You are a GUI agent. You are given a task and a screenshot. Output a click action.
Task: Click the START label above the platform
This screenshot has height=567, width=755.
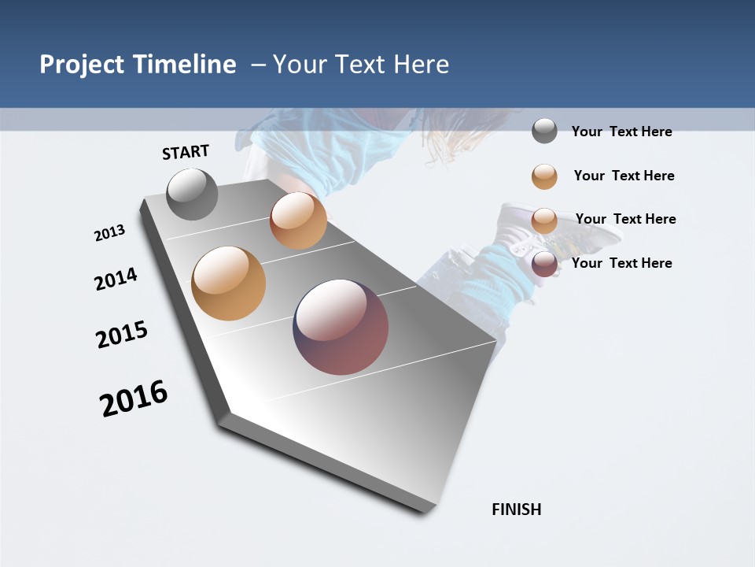click(x=186, y=152)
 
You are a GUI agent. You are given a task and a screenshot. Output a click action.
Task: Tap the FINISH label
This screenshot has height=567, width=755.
click(x=516, y=510)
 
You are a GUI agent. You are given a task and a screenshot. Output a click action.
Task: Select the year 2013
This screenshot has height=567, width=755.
click(x=109, y=233)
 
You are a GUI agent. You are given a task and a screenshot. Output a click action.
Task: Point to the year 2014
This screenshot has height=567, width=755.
click(x=116, y=279)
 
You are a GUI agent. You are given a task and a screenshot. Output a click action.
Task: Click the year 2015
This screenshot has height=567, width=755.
click(x=122, y=335)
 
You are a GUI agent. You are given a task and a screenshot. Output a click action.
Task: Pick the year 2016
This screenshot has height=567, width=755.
click(x=134, y=398)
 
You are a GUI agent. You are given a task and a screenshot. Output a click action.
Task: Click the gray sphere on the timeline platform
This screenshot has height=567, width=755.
click(x=192, y=195)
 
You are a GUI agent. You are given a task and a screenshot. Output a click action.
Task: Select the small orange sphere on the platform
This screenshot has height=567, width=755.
click(x=298, y=220)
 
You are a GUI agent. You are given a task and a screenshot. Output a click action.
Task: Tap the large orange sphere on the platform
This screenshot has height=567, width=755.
click(x=229, y=283)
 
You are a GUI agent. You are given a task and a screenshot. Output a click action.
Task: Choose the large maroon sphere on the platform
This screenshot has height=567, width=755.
click(x=341, y=327)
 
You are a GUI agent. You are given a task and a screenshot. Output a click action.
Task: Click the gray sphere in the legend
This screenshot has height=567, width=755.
click(x=544, y=131)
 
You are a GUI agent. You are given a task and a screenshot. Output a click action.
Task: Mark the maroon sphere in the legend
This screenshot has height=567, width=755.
click(x=544, y=264)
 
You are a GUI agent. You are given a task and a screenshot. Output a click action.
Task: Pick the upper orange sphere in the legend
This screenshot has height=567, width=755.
click(x=544, y=176)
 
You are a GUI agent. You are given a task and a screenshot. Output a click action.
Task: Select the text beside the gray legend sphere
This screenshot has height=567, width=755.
click(x=621, y=132)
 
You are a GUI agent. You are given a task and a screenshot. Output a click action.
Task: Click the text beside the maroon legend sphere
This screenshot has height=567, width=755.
click(x=621, y=263)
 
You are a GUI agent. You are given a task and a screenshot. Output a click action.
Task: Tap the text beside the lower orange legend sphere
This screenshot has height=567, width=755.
click(x=625, y=219)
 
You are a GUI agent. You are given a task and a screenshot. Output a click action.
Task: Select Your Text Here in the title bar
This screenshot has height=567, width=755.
click(x=361, y=65)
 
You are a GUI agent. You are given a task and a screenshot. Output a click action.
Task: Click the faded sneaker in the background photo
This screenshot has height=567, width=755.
click(x=543, y=228)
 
